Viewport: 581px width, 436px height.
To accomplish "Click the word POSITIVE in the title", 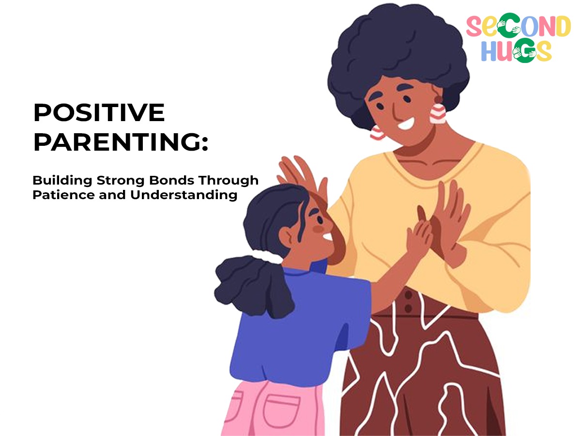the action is tap(99, 112).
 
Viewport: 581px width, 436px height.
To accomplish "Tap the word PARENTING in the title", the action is tap(117, 142).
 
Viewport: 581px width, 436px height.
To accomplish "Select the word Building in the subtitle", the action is tap(62, 181).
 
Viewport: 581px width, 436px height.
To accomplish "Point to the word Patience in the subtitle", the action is tap(63, 195).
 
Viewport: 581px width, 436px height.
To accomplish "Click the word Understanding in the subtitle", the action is tap(183, 196).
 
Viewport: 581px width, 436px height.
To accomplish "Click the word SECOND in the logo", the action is tap(518, 26).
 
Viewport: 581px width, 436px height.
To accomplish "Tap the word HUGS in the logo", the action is tap(517, 51).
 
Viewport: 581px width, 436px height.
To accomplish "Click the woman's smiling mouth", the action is tap(406, 124).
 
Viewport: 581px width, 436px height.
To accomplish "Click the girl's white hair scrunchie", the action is tap(267, 256).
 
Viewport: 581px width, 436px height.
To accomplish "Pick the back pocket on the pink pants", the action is tap(282, 411).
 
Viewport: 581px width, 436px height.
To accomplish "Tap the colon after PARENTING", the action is tap(205, 144).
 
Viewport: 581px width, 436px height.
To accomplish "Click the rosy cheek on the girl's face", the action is tap(318, 229).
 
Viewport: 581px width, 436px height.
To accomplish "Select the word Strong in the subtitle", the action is tap(121, 181).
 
